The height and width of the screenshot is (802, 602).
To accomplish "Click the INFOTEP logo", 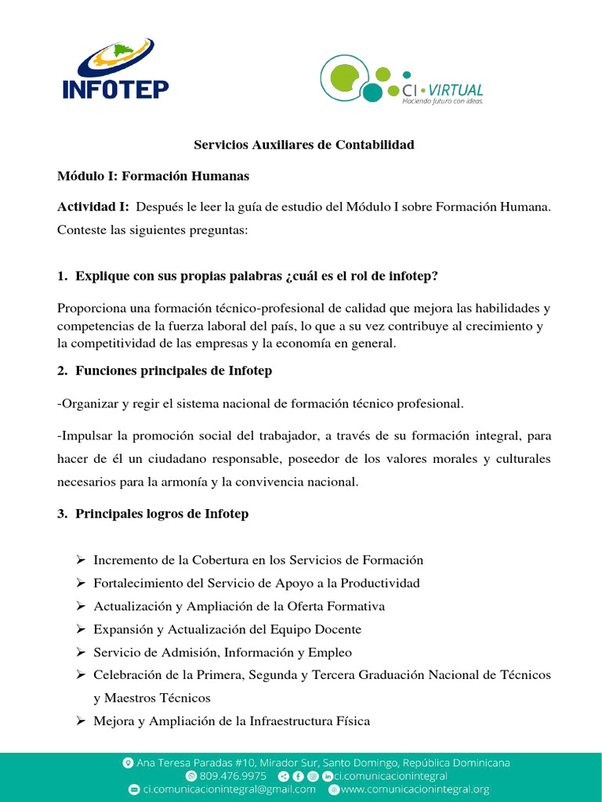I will (x=115, y=71).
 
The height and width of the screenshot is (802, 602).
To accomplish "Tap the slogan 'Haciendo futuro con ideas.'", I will (x=443, y=101).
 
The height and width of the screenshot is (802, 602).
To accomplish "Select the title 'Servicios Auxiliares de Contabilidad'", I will (x=304, y=145).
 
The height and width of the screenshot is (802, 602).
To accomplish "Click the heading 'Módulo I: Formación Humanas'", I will (x=154, y=176).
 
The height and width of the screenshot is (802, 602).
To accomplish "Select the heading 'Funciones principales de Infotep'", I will (x=173, y=370).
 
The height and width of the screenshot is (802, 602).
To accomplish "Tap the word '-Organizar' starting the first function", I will (x=88, y=403).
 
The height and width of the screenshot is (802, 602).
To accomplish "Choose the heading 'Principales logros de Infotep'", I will (x=161, y=514).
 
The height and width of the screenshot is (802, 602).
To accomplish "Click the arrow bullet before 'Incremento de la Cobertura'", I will (x=80, y=560).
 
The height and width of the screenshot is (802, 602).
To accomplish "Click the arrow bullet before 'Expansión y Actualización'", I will (x=80, y=629).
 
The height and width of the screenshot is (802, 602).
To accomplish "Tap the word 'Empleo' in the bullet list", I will (x=332, y=652).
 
